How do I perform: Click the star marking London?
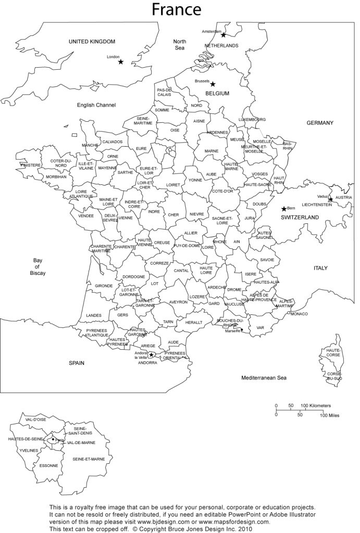pyautogui.click(x=121, y=62)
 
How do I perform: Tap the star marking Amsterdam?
pyautogui.click(x=224, y=35)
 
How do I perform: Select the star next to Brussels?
pyautogui.click(x=213, y=84)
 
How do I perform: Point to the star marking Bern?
pyautogui.click(x=284, y=209)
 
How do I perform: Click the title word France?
pyautogui.click(x=176, y=9)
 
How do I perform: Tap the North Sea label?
pyautogui.click(x=180, y=45)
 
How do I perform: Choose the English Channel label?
pyautogui.click(x=96, y=105)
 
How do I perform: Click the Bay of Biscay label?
pyautogui.click(x=38, y=266)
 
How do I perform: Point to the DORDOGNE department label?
pyautogui.click(x=134, y=276)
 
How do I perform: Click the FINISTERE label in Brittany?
pyautogui.click(x=31, y=165)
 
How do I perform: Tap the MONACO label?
pyautogui.click(x=300, y=314)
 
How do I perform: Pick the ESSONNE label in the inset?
pyautogui.click(x=48, y=465)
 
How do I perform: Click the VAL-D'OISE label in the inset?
pyautogui.click(x=35, y=419)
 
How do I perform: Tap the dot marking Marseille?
pyautogui.click(x=242, y=329)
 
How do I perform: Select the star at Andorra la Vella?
pyautogui.click(x=151, y=355)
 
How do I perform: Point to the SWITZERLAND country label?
pyautogui.click(x=300, y=217)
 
